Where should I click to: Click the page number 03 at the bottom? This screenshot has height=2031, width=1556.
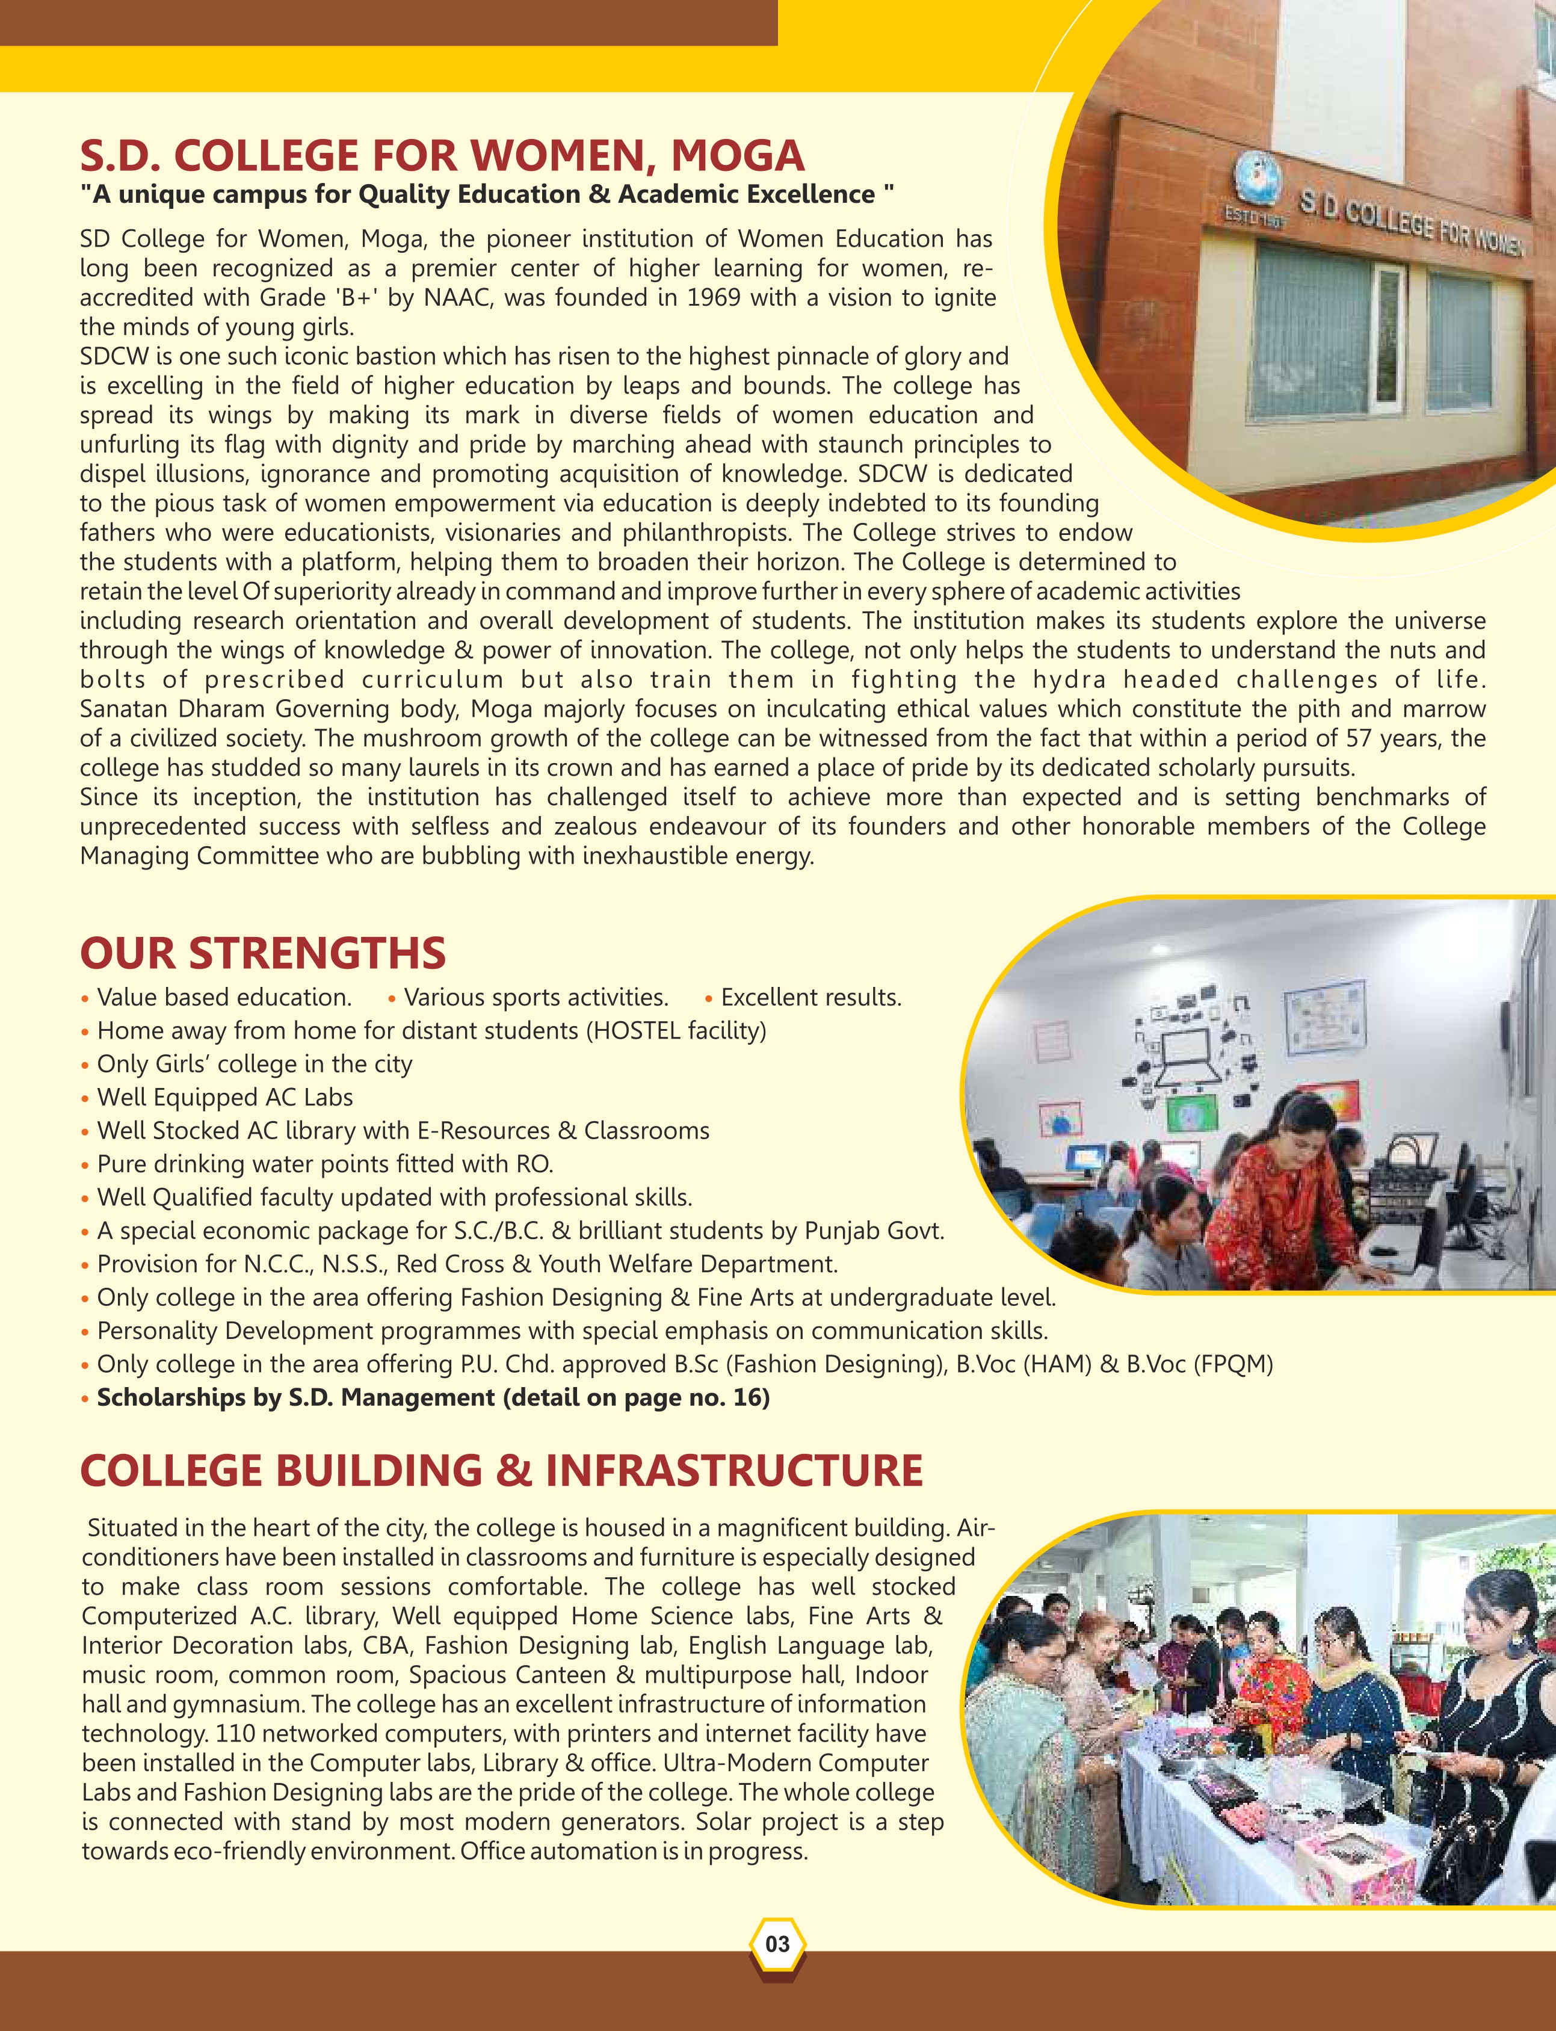coord(777,1943)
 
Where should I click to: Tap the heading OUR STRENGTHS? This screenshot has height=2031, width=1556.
coord(263,953)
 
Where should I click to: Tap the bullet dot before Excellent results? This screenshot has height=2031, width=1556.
coord(709,998)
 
